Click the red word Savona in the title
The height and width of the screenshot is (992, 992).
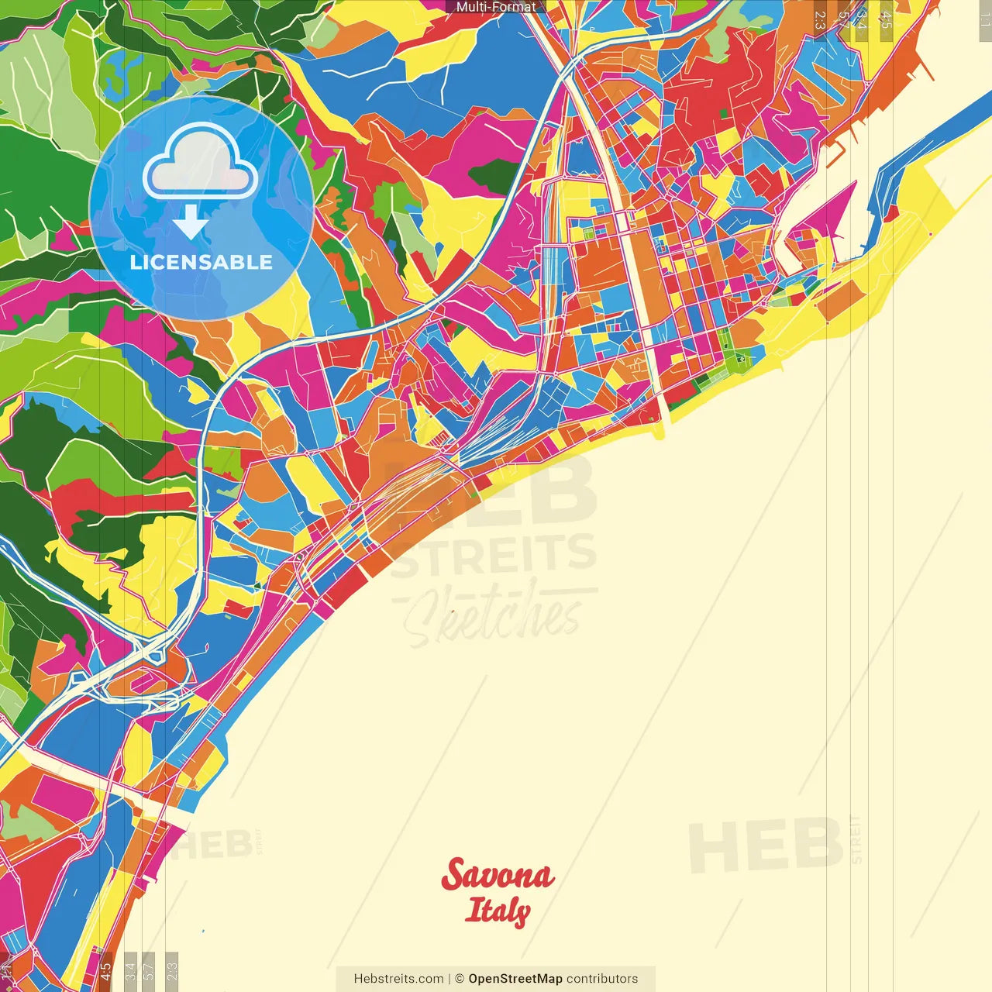498,874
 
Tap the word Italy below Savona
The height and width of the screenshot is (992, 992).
498,911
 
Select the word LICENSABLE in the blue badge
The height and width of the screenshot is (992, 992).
201,262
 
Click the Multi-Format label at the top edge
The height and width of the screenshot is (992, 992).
495,7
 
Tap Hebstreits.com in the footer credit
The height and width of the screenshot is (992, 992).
398,979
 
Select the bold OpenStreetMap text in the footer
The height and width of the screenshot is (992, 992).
515,979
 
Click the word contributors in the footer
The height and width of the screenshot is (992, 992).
602,979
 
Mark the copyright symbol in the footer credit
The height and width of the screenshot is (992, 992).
459,979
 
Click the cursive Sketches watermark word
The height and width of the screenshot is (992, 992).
492,616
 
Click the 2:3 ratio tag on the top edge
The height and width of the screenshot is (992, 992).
820,19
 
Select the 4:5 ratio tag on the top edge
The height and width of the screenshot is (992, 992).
886,19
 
